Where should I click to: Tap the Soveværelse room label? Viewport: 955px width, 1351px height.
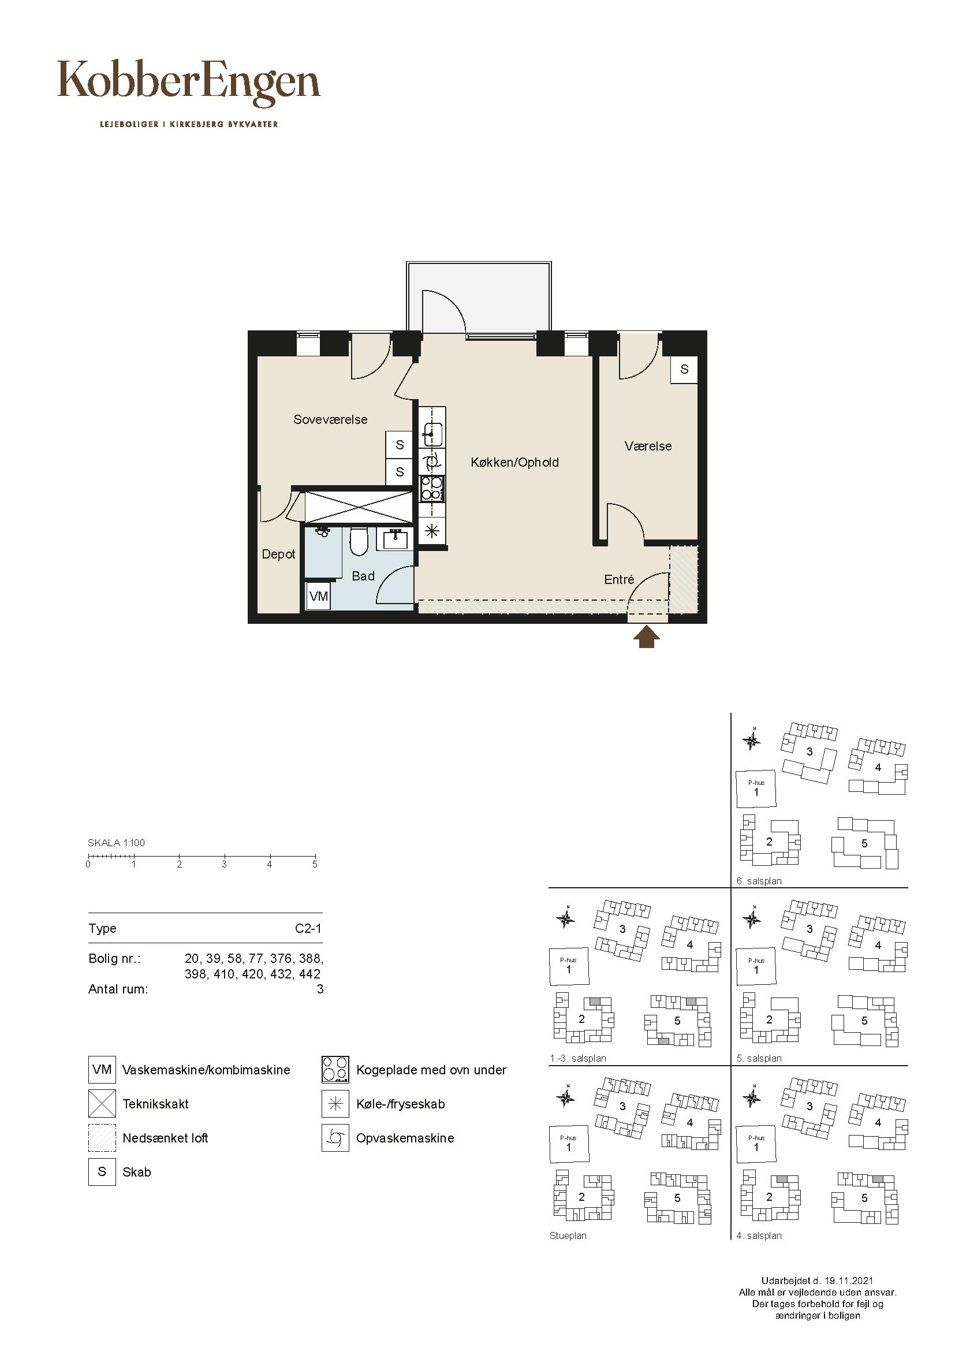(330, 419)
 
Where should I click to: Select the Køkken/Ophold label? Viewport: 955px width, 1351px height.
(514, 463)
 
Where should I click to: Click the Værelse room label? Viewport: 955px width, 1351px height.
(648, 446)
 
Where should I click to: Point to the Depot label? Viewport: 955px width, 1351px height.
(279, 554)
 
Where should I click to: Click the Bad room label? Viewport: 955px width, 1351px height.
(363, 576)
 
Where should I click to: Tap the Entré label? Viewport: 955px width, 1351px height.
(619, 579)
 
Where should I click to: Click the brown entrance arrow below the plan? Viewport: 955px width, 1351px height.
(646, 637)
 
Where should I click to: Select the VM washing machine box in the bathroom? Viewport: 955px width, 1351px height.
(318, 597)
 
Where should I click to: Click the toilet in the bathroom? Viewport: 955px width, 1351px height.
(358, 541)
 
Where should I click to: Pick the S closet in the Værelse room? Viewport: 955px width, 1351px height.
(684, 370)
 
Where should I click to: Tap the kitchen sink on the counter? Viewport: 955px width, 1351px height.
(432, 435)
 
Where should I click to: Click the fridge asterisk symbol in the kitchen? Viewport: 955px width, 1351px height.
(432, 531)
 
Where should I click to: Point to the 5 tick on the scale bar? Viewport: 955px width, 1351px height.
(315, 858)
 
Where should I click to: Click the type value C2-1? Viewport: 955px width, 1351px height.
(308, 929)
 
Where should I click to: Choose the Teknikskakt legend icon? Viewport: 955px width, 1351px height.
(102, 1104)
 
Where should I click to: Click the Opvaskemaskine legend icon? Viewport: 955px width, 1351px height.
(336, 1138)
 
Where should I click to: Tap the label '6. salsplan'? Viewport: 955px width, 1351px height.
(759, 881)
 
